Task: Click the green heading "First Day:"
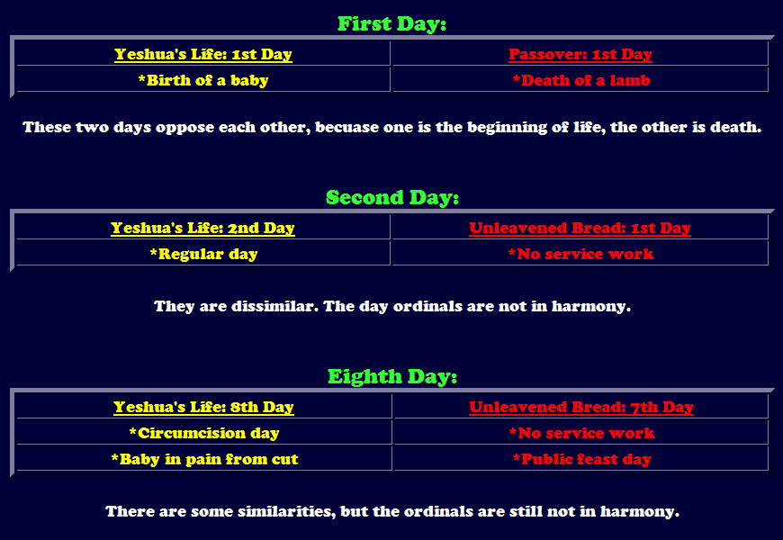click(392, 24)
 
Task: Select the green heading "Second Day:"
click(392, 197)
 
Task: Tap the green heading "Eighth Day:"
click(392, 376)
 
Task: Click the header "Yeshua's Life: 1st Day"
click(203, 54)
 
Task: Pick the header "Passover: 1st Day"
click(580, 54)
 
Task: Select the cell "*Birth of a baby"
click(203, 80)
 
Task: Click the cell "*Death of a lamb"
click(581, 80)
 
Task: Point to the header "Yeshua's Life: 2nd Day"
click(202, 228)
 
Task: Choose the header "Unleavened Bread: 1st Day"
click(580, 228)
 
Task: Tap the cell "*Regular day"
click(203, 254)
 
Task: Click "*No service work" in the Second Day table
click(580, 254)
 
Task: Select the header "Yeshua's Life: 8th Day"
click(203, 407)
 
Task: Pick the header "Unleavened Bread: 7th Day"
click(581, 407)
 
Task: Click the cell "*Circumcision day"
click(203, 433)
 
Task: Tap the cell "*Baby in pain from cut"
click(204, 459)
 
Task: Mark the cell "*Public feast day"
click(581, 459)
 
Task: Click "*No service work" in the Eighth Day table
click(581, 433)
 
